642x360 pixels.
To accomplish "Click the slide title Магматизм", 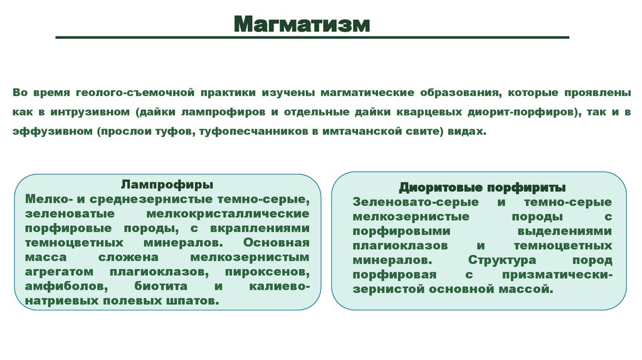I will pyautogui.click(x=303, y=24).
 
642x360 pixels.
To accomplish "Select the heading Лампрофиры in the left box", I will pyautogui.click(x=166, y=185).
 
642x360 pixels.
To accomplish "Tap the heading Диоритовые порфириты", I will pyautogui.click(x=482, y=188).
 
